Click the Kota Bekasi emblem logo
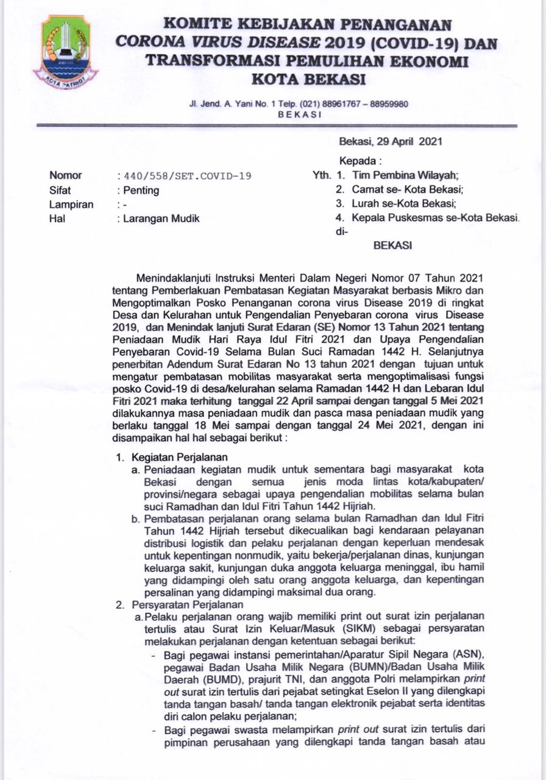(x=65, y=52)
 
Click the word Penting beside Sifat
(x=141, y=190)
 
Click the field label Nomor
(x=65, y=175)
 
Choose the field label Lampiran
(x=71, y=205)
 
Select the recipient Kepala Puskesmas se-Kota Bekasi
(x=434, y=218)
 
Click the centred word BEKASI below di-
(x=392, y=246)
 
